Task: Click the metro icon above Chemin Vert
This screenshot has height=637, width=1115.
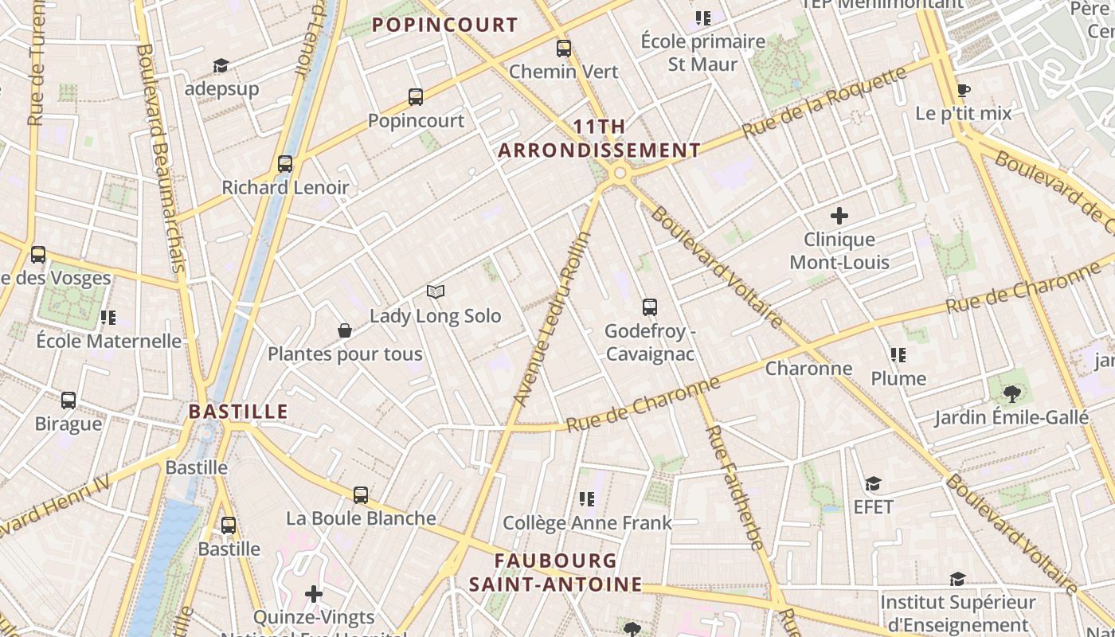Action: tap(564, 49)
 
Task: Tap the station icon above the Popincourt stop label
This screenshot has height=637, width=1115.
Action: tap(416, 97)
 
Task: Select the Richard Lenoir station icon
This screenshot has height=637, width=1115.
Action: tap(285, 164)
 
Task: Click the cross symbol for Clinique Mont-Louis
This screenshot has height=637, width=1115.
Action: tap(839, 216)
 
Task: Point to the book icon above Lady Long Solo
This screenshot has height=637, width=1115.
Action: tap(435, 292)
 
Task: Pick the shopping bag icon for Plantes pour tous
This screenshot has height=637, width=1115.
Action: tap(345, 330)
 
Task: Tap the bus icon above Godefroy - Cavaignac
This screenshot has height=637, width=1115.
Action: tap(650, 307)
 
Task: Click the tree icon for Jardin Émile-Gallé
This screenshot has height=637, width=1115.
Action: tap(1011, 393)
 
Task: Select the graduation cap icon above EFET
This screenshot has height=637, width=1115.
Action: tap(874, 483)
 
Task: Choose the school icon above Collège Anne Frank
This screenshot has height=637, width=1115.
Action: tap(587, 499)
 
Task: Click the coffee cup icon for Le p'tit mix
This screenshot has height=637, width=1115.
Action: tap(963, 90)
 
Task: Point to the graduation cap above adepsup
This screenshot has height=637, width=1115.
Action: tap(221, 65)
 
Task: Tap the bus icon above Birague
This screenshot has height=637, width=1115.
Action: tap(68, 401)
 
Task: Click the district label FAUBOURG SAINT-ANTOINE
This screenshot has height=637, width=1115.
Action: tap(555, 573)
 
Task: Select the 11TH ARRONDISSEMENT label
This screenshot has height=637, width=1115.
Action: tap(599, 139)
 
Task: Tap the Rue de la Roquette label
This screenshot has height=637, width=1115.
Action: tap(824, 102)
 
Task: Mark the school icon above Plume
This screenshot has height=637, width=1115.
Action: tap(898, 355)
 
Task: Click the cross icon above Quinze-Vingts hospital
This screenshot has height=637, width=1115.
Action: tap(314, 594)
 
